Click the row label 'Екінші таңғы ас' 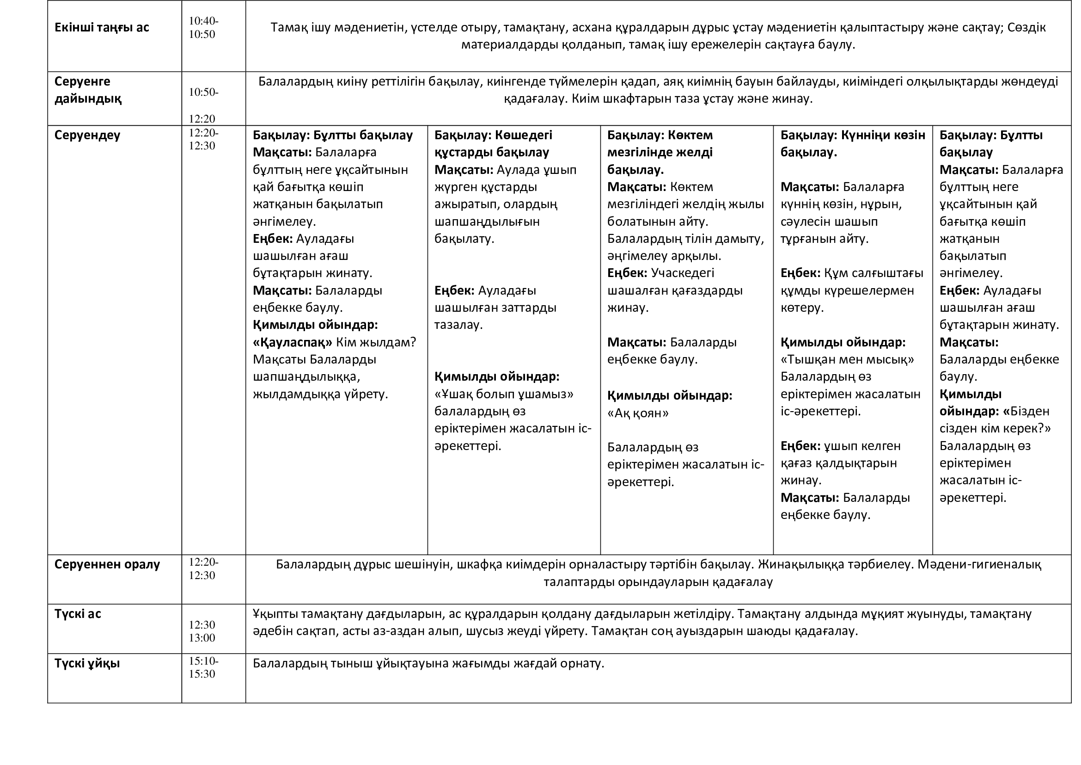click(102, 27)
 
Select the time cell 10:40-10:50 click(203, 27)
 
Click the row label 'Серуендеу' click(87, 135)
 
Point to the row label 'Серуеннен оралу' click(107, 564)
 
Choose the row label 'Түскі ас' click(78, 614)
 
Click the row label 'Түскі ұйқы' click(87, 663)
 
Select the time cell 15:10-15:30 click(203, 667)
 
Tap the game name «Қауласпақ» click(293, 342)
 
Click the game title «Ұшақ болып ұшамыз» click(504, 394)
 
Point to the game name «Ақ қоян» click(637, 413)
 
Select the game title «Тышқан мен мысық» click(847, 359)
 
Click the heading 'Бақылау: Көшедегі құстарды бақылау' click(493, 144)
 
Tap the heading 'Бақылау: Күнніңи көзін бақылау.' click(852, 144)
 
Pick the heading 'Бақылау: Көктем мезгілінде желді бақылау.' click(660, 152)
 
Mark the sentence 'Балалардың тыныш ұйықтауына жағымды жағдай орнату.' click(428, 663)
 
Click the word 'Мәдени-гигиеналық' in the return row click(979, 564)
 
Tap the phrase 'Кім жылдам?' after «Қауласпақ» click(376, 342)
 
